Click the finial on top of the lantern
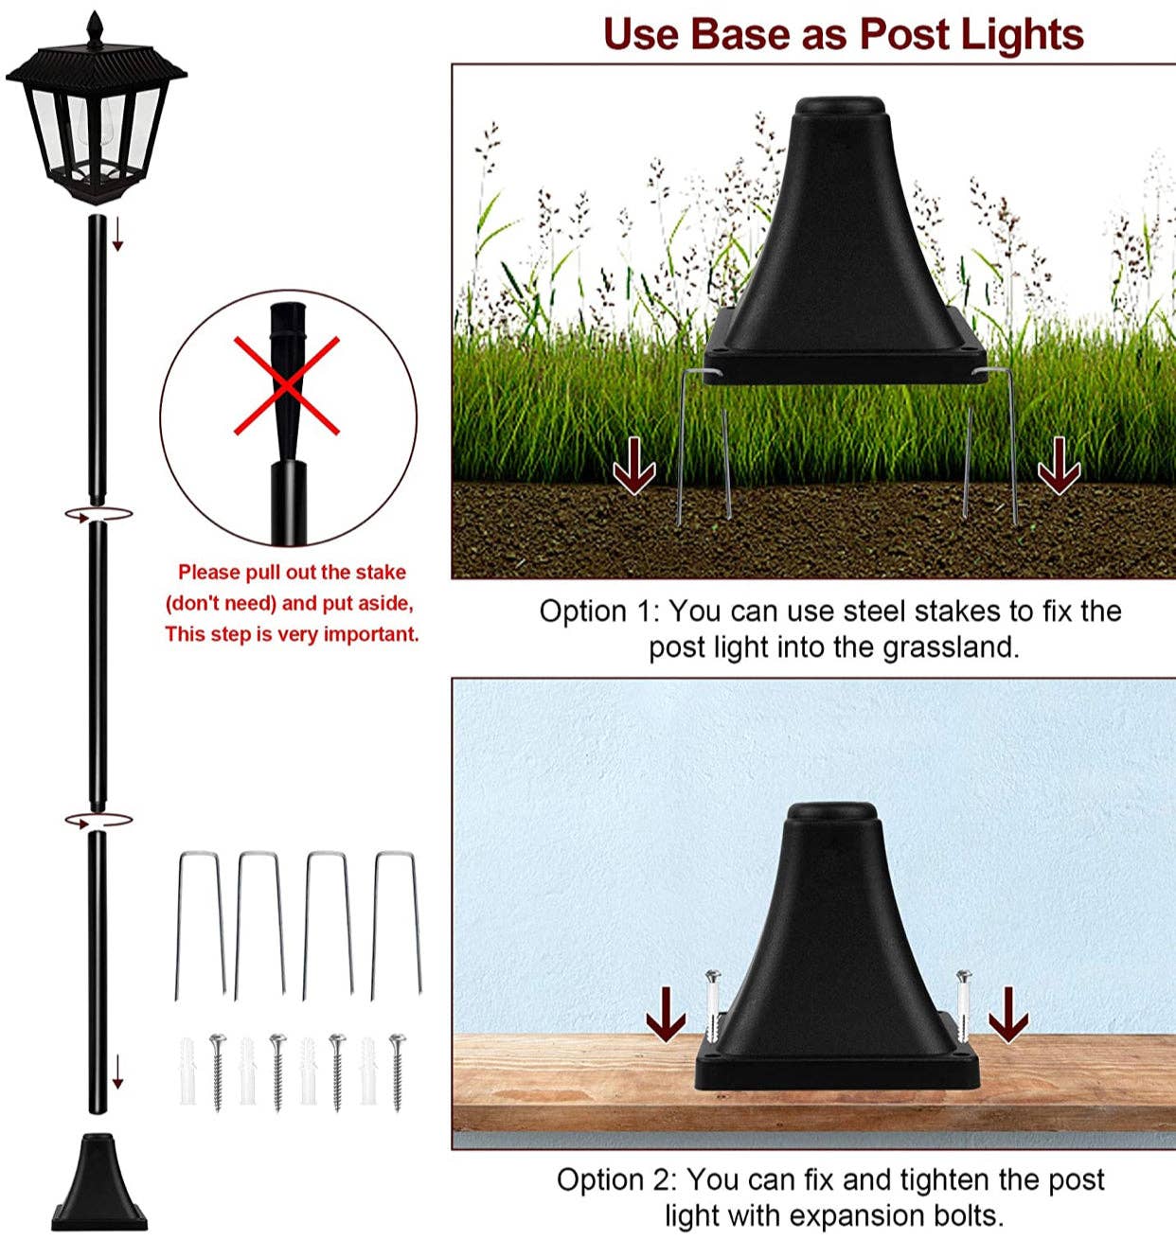tap(95, 27)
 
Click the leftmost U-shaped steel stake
tap(199, 923)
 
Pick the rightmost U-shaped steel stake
tap(396, 923)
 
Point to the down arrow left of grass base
tap(633, 467)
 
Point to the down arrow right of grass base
tap(1058, 467)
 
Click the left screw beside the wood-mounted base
tap(712, 1005)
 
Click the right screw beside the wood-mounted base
tap(964, 1005)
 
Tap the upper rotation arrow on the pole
tap(98, 514)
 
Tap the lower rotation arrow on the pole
tap(98, 820)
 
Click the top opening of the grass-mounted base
tap(840, 104)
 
